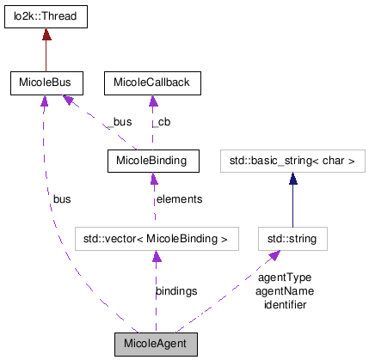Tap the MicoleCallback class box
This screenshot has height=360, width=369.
tap(153, 82)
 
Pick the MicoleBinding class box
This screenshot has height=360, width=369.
tap(153, 160)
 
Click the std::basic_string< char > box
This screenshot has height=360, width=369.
tap(292, 160)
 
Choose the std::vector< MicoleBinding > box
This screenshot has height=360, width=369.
tap(155, 237)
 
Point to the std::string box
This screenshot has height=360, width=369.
tap(292, 237)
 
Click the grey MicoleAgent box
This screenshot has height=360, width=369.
tap(156, 344)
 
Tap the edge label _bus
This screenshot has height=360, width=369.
tap(120, 123)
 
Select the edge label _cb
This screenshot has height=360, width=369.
tap(160, 123)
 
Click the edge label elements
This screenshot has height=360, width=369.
tap(178, 199)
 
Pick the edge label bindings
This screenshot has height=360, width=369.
tap(175, 291)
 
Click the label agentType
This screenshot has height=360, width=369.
tap(283, 278)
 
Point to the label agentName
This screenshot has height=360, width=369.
tap(284, 290)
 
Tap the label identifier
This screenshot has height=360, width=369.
tap(284, 303)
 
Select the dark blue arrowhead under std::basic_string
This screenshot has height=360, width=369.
tap(292, 177)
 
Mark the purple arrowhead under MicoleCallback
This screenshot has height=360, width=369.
tap(153, 100)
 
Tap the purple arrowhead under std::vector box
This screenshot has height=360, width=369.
tap(155, 254)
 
